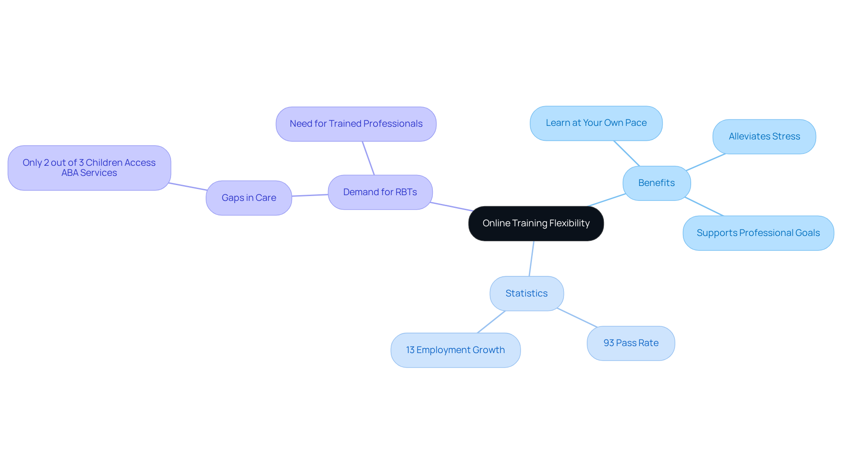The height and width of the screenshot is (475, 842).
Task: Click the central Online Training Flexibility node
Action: (536, 223)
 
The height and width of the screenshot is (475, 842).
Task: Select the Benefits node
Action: (656, 183)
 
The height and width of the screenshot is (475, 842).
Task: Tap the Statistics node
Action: (526, 293)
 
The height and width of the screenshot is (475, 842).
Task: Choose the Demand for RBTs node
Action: (380, 192)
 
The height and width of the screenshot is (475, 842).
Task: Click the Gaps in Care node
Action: (249, 198)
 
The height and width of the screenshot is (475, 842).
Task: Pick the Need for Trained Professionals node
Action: (356, 124)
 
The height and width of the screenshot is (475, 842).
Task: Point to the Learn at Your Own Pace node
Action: (596, 123)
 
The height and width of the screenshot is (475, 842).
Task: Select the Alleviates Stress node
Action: (764, 136)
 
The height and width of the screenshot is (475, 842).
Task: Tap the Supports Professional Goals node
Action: (758, 233)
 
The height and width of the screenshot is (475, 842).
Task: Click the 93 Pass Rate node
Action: (631, 343)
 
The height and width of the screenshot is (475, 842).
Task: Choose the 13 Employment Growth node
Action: (455, 350)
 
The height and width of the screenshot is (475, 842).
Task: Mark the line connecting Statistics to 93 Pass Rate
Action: (577, 318)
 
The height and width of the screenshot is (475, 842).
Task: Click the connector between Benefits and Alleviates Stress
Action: (706, 162)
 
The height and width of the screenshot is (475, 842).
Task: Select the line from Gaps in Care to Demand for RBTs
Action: (310, 195)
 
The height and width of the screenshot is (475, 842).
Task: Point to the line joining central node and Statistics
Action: (532, 258)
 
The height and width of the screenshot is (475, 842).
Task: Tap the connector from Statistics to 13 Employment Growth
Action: (491, 322)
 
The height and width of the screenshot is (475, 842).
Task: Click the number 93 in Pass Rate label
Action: (609, 343)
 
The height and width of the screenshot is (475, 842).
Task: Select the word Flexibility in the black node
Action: (569, 223)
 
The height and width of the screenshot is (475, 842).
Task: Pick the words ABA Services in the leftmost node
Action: (89, 173)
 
